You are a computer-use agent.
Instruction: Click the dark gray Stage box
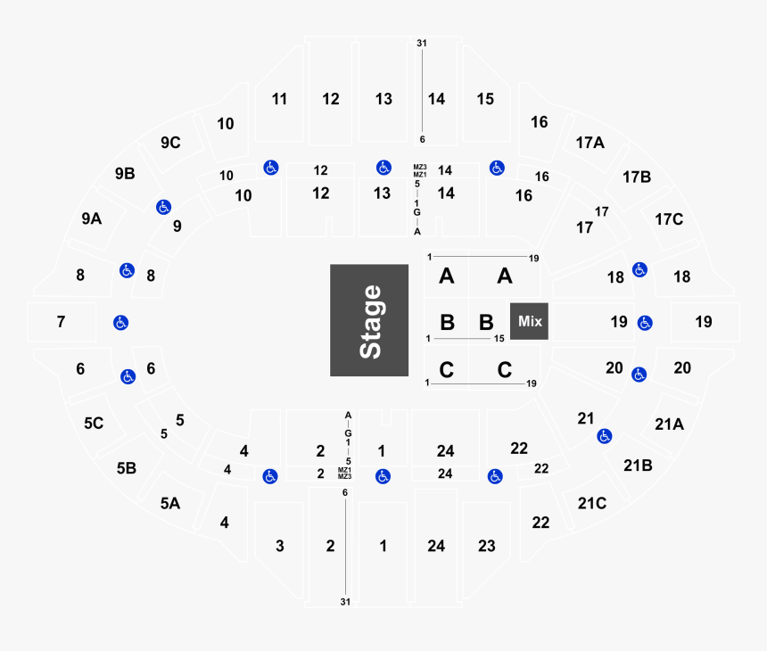(x=370, y=320)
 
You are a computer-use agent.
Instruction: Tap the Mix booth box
(x=530, y=321)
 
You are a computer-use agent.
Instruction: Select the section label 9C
(x=170, y=142)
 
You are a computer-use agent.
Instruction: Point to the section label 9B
(x=124, y=174)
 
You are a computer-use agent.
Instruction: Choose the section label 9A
(x=91, y=218)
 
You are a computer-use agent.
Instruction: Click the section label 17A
(x=590, y=142)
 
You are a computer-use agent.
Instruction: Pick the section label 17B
(x=637, y=177)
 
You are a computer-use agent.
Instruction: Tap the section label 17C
(x=668, y=218)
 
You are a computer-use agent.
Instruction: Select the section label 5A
(x=169, y=503)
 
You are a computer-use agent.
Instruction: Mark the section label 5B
(x=126, y=466)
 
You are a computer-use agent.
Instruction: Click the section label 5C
(x=94, y=424)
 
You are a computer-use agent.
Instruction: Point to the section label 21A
(x=668, y=424)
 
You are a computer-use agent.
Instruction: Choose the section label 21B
(x=638, y=465)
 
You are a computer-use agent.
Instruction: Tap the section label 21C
(x=591, y=503)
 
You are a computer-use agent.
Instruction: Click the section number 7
(x=61, y=321)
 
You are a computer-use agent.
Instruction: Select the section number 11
(x=279, y=99)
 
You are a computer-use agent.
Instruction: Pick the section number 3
(x=279, y=545)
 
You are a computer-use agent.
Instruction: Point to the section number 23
(x=486, y=545)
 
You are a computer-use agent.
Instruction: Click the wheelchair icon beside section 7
(x=120, y=322)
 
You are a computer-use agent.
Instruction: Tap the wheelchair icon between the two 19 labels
(x=644, y=322)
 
